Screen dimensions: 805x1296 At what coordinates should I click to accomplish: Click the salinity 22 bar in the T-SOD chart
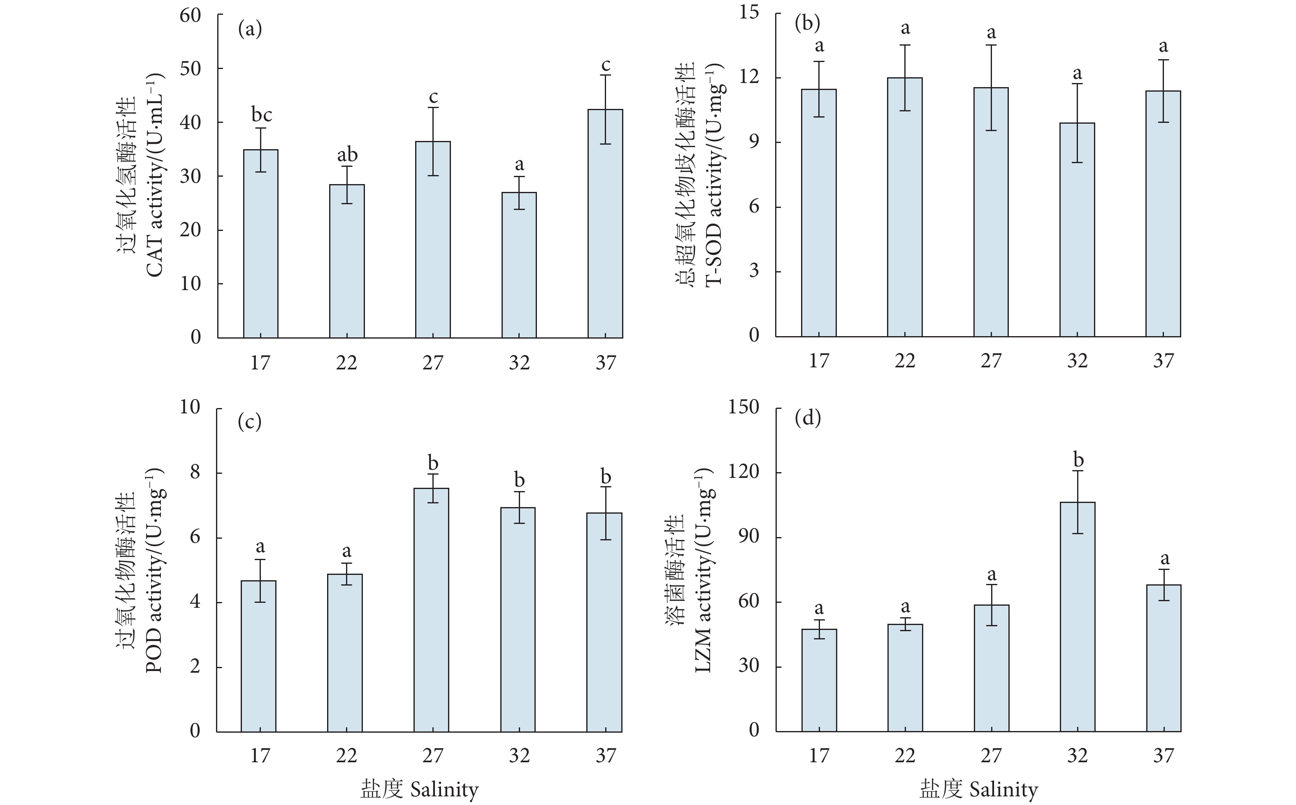[905, 207]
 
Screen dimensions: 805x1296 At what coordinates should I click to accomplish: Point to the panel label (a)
[250, 29]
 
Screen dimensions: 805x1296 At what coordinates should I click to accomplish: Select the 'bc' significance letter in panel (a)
[262, 115]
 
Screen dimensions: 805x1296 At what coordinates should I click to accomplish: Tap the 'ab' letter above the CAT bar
[347, 155]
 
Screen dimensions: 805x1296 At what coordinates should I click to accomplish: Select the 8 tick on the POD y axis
[195, 473]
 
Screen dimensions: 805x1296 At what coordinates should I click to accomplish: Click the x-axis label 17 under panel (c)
[260, 756]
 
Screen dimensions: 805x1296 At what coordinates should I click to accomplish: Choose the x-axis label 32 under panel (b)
[1077, 361]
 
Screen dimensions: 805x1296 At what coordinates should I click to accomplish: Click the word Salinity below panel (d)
[1003, 789]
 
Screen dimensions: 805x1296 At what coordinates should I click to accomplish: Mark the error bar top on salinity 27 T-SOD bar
[991, 45]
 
